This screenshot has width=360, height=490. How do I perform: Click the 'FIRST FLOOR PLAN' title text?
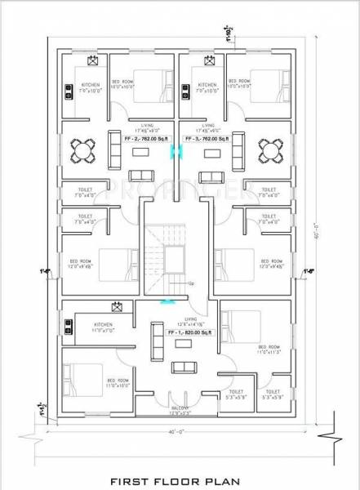pyautogui.click(x=179, y=471)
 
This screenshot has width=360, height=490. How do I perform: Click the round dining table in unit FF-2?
pyautogui.click(x=83, y=149)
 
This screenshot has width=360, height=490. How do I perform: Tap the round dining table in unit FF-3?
pyautogui.click(x=269, y=149)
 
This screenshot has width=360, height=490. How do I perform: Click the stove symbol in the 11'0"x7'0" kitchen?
pyautogui.click(x=68, y=327)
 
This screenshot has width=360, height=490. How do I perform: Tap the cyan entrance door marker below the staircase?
pyautogui.click(x=167, y=301)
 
